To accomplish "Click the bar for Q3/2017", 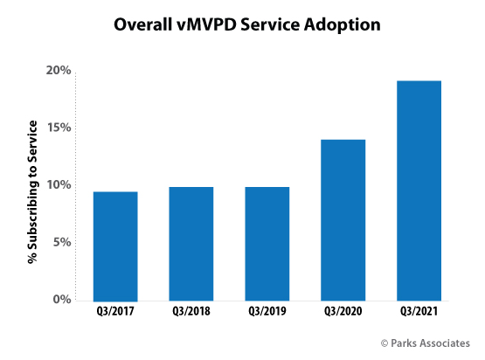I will coord(115,246).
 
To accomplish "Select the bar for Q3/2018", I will coord(191,244).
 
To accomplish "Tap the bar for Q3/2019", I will coord(267,244).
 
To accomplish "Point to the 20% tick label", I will coord(58,70).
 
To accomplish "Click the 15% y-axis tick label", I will coord(58,128).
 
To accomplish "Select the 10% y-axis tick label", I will coord(58,185).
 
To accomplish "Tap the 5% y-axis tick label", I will coord(61,243).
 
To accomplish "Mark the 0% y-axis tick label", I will coord(61,300).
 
